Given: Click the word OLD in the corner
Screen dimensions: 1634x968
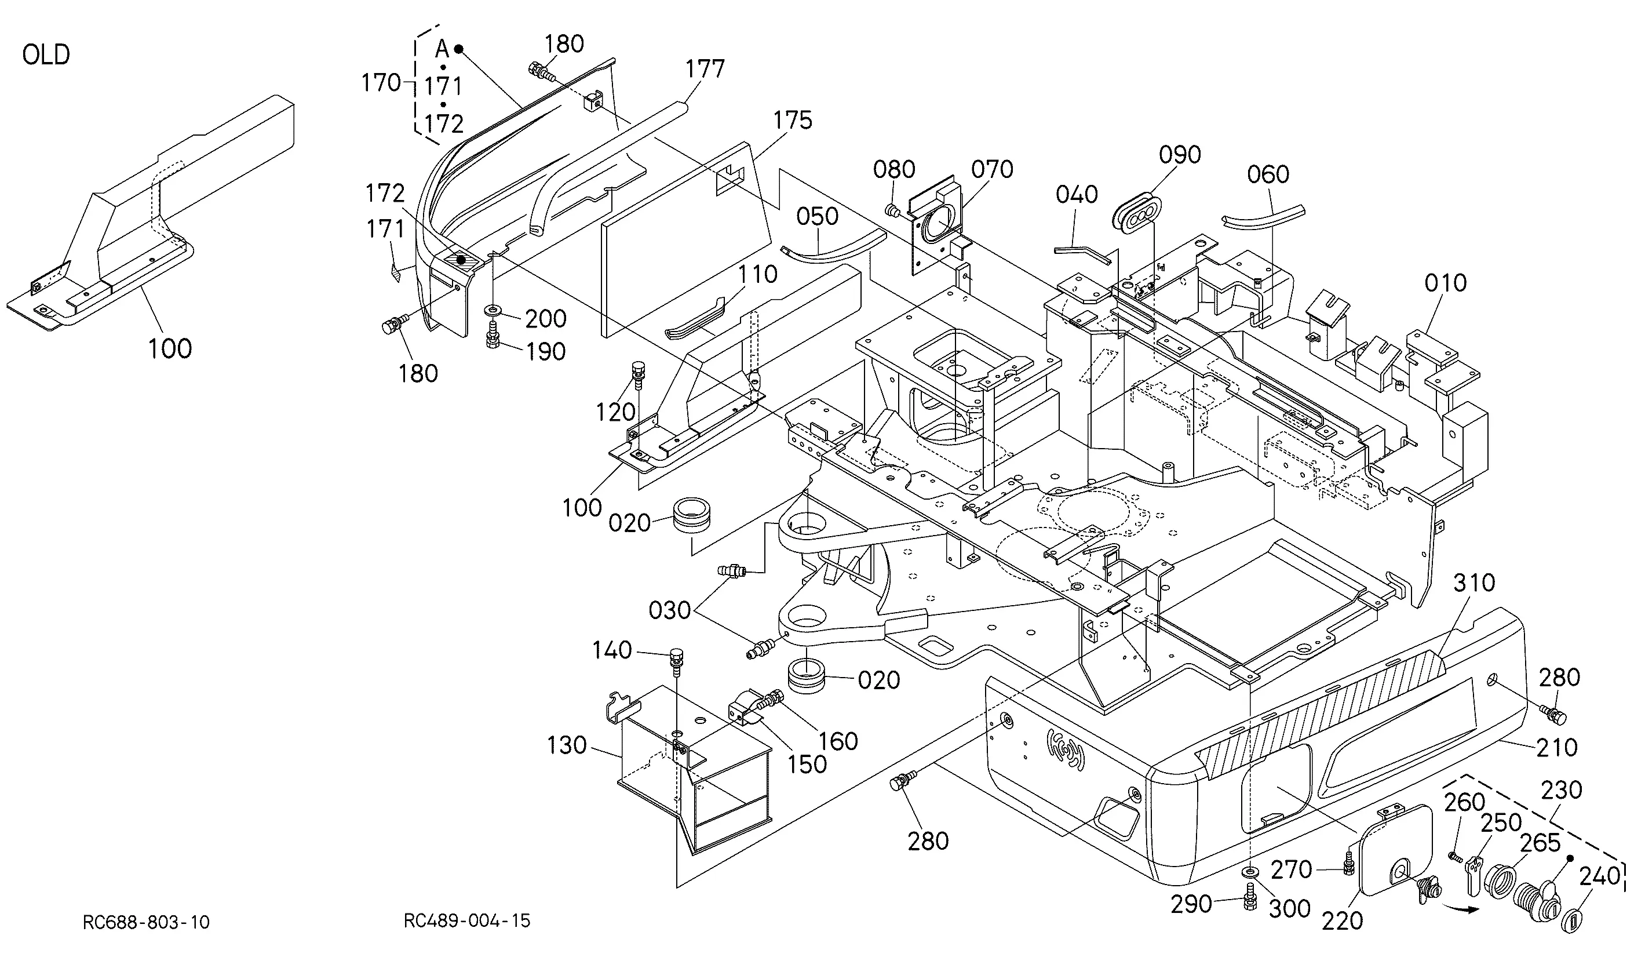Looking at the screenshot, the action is [x=46, y=55].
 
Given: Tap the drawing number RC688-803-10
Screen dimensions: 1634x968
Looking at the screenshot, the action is [x=146, y=922].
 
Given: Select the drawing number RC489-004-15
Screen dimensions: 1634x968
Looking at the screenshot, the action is [x=467, y=920].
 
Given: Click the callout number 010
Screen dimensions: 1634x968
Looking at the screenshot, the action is [x=1446, y=283].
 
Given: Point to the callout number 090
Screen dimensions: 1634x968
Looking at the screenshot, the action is [x=1180, y=155].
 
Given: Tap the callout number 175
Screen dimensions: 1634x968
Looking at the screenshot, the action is [x=793, y=120].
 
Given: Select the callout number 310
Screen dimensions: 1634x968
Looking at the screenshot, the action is [x=1474, y=583].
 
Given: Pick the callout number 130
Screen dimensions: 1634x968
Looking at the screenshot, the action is [x=567, y=745].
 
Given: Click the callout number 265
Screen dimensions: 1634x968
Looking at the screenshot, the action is [x=1540, y=843].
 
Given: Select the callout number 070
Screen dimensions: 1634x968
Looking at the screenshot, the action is [x=993, y=170].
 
